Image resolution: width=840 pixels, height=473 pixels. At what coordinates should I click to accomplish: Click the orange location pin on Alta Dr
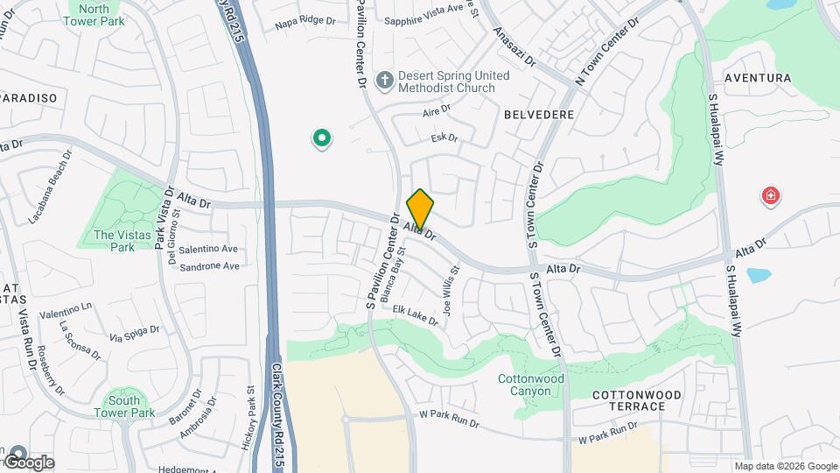click(420, 208)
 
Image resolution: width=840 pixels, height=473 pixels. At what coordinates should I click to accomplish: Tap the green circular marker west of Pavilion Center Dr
click(322, 138)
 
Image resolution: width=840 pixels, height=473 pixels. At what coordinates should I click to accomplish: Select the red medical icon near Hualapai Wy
click(771, 196)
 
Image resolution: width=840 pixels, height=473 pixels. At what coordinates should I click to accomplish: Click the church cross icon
click(383, 81)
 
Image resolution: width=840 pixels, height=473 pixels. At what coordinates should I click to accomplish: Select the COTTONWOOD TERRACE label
click(636, 400)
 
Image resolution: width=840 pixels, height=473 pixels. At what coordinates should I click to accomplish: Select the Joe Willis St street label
click(450, 292)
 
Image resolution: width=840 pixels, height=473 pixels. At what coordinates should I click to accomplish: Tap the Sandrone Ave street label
click(209, 266)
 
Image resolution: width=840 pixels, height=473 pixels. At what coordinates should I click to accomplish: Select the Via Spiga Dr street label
click(135, 333)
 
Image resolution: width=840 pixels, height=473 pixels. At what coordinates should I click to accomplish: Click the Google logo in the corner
click(29, 462)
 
